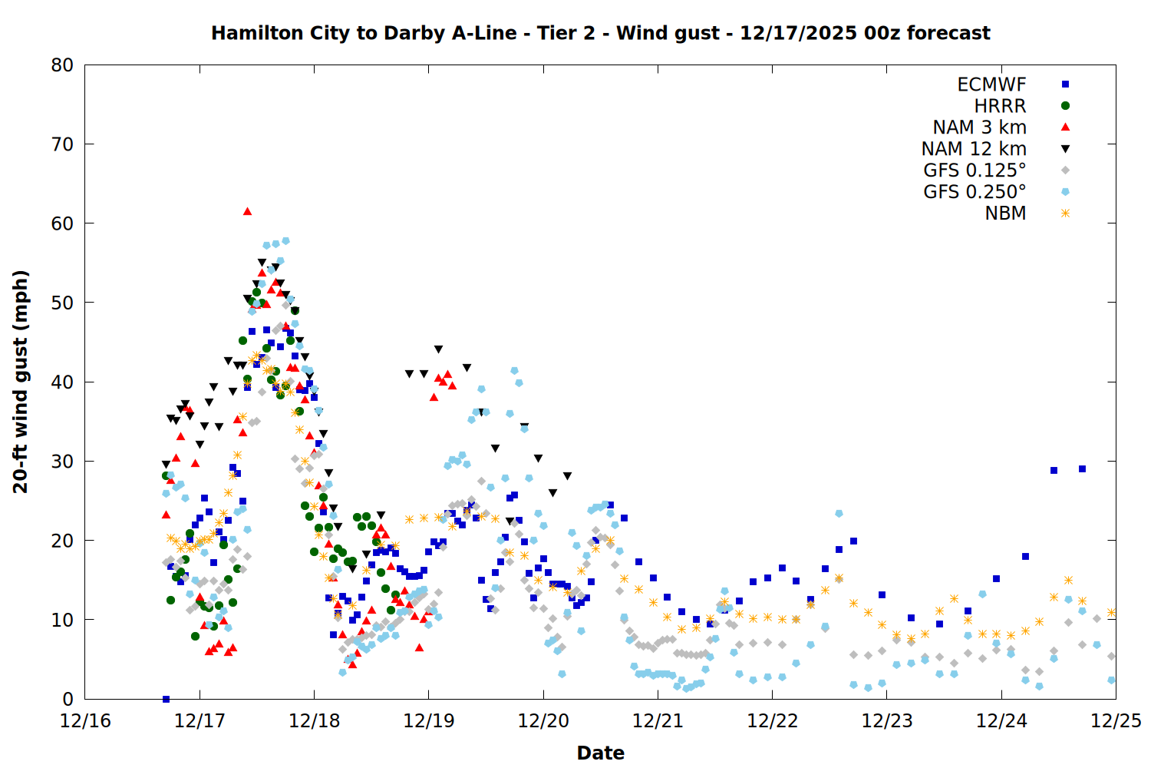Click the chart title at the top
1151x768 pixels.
coord(600,33)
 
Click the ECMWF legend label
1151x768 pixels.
coord(991,84)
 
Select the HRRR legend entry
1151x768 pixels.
coord(1000,106)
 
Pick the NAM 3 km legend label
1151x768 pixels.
coord(979,127)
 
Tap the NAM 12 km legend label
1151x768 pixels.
coord(974,149)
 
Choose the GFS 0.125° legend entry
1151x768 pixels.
coord(975,170)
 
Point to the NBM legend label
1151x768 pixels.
coord(1005,214)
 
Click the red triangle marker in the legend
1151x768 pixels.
coord(1065,127)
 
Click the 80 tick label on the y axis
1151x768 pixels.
coord(62,65)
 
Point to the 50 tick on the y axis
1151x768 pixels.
coord(62,303)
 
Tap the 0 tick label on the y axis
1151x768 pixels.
coord(68,699)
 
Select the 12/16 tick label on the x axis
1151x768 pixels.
coord(85,721)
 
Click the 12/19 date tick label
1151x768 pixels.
coord(429,721)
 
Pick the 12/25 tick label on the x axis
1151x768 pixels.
coord(1116,721)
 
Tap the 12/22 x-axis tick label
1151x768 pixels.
coord(772,721)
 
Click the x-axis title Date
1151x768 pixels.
coord(600,753)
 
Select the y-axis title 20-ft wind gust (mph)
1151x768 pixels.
coord(21,382)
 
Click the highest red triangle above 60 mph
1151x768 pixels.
coord(247,211)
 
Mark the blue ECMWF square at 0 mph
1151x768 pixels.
coord(166,699)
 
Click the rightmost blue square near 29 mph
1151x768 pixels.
coord(1082,468)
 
